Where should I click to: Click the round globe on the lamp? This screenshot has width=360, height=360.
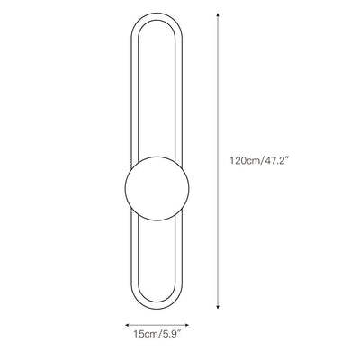157,188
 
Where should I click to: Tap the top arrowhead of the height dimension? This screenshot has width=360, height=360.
218,15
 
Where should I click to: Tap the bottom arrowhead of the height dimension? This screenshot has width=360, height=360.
218,306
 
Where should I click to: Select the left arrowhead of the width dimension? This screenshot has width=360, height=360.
127,325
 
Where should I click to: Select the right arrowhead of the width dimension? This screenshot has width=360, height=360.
186,325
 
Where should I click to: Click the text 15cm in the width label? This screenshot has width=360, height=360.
146,334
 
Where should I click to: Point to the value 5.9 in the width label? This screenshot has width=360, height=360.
168,334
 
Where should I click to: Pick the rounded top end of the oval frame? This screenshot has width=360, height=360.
157,16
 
